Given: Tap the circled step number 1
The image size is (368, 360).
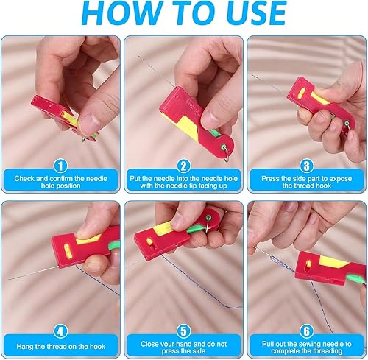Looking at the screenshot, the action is pos(60,166).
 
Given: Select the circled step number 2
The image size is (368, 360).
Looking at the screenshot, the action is pos(183,166).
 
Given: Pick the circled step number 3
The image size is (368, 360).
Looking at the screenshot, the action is pos(307,166).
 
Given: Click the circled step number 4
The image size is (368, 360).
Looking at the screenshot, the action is pos(60,331).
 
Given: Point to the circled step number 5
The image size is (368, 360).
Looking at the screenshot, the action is pos(183,331).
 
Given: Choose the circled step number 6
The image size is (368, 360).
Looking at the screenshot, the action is pos(307,331).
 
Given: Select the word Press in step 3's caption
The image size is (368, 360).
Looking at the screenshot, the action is pos(270,179).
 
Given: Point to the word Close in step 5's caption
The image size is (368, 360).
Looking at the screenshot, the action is pos(149,344).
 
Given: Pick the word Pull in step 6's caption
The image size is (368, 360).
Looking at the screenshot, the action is pos(268,344).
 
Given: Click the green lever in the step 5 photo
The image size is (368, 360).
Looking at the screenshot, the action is pos(196,230).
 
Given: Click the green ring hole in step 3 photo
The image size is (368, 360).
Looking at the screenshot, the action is pos(347,123).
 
